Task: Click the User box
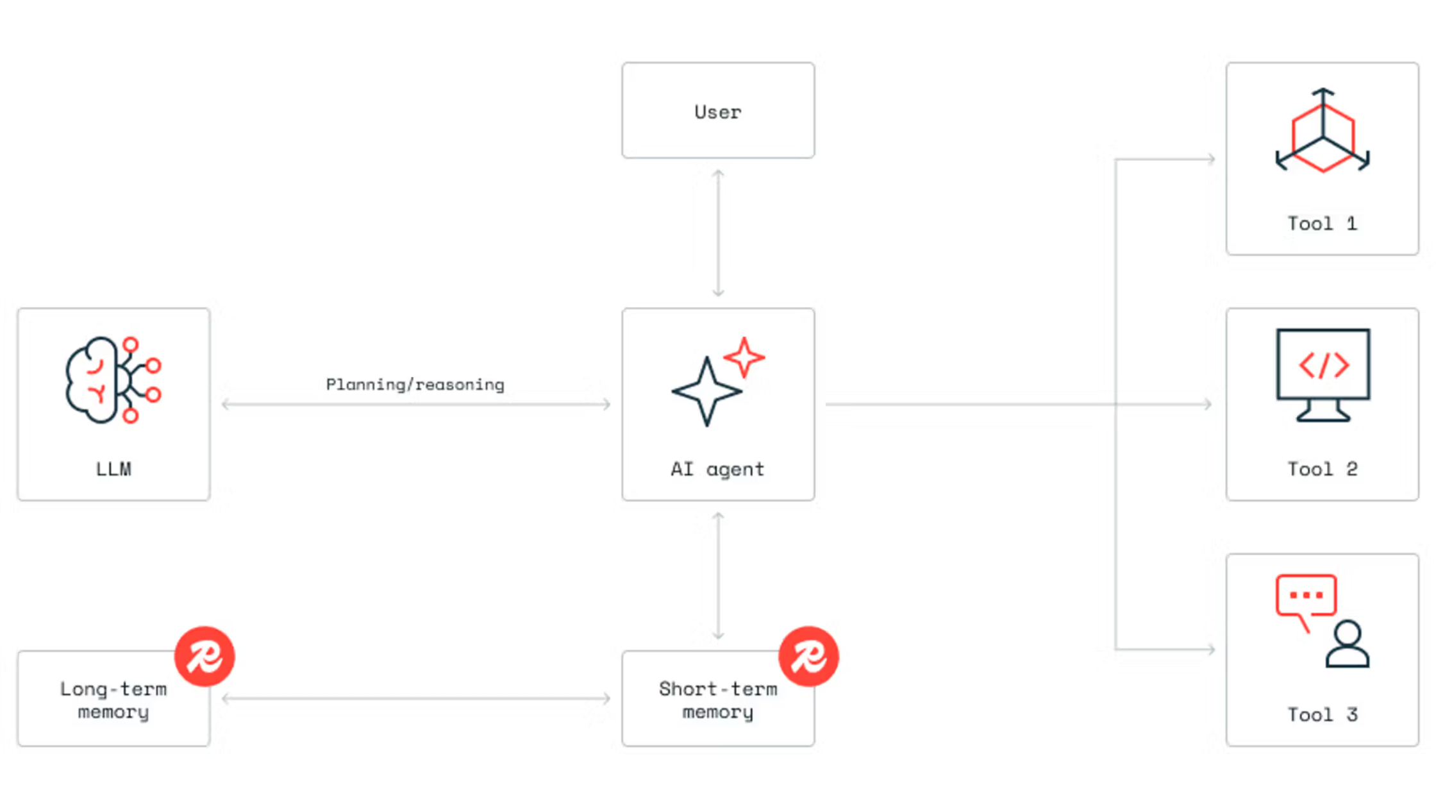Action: pyautogui.click(x=718, y=110)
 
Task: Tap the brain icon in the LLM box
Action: pyautogui.click(x=112, y=380)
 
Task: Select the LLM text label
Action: pyautogui.click(x=113, y=469)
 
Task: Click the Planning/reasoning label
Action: pyautogui.click(x=415, y=385)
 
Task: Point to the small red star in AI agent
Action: pyautogui.click(x=744, y=357)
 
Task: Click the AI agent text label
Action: pyautogui.click(x=717, y=469)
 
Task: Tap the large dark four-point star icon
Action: pyautogui.click(x=706, y=391)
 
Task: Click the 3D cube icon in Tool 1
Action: pyautogui.click(x=1323, y=131)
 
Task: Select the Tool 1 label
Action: pyautogui.click(x=1322, y=224)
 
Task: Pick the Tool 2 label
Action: pyautogui.click(x=1322, y=469)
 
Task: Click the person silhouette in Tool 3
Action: pyautogui.click(x=1348, y=644)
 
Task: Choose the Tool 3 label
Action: pyautogui.click(x=1322, y=715)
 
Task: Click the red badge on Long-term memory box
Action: pyautogui.click(x=205, y=656)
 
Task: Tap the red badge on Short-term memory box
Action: pyautogui.click(x=808, y=656)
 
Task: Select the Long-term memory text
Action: pyautogui.click(x=113, y=700)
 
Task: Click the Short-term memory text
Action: pyautogui.click(x=717, y=700)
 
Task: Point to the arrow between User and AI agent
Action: pyautogui.click(x=718, y=233)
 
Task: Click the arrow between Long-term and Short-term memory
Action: pyautogui.click(x=415, y=698)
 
